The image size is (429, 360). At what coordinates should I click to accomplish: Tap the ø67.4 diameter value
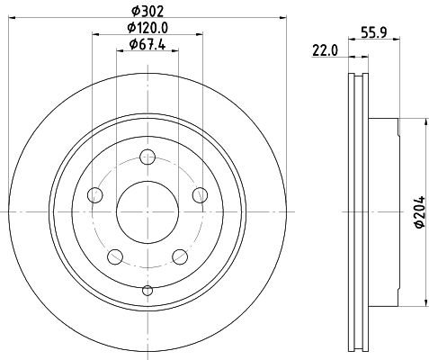point(146,44)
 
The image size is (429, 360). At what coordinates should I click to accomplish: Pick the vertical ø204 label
point(419,212)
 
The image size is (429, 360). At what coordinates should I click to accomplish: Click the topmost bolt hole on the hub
point(147,159)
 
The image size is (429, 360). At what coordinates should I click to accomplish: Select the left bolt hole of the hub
point(95,196)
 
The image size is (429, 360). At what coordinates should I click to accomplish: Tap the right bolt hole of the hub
point(199,196)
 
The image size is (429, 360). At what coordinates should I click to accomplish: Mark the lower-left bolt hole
point(115,257)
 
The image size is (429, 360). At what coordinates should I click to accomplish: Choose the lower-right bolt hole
point(179,257)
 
